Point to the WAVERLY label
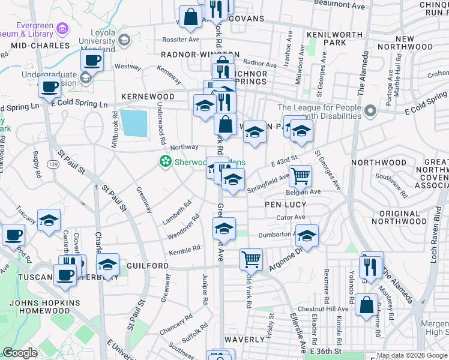(x=244, y=339)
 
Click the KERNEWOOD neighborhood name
(x=148, y=97)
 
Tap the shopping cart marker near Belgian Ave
(x=300, y=176)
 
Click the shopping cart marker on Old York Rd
(x=251, y=259)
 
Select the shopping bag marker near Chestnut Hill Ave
(x=366, y=304)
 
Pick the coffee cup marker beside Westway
(x=92, y=60)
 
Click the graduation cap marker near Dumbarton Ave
(x=307, y=236)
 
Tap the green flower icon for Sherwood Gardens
(x=164, y=161)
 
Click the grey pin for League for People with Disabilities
(x=371, y=111)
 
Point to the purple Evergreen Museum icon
(x=62, y=29)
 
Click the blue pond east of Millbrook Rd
(x=133, y=122)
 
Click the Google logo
(x=20, y=353)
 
